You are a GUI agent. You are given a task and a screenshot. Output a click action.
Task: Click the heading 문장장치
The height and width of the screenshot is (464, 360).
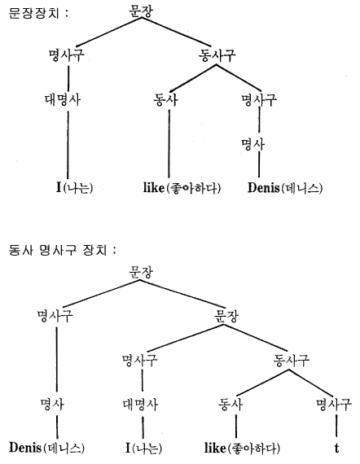pos(34,13)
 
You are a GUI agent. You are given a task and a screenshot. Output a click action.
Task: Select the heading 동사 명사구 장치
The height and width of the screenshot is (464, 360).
pos(58,251)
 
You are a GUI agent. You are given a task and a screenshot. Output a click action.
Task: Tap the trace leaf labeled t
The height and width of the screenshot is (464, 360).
pos(336,448)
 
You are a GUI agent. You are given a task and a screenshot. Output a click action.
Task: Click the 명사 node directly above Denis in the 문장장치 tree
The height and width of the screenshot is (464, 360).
pos(252,144)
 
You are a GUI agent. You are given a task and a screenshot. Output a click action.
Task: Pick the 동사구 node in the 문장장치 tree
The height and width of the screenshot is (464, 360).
pos(217,55)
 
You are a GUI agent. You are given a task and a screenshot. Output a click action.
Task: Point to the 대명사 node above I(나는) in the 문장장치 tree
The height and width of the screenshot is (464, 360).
pos(63,99)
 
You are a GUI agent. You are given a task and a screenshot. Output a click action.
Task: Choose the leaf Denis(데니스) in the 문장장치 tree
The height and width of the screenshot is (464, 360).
pos(285,187)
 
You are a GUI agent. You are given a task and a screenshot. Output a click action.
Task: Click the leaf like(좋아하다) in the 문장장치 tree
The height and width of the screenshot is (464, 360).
pos(182,187)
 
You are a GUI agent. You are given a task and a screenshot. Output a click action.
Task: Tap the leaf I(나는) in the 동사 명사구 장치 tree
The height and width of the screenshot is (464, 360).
pos(143,448)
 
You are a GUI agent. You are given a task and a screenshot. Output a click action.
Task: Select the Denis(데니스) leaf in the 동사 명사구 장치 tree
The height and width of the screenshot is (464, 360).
pos(46,448)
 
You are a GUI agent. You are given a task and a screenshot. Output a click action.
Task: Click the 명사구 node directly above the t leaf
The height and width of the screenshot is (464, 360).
pos(334,405)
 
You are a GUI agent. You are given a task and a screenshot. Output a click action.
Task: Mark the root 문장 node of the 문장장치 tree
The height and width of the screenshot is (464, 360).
pos(141,11)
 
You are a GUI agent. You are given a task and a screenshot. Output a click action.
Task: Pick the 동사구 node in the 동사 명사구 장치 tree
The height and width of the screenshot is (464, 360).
pos(291,360)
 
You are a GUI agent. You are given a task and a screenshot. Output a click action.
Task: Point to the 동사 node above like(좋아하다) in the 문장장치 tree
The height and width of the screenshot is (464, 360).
pos(165,99)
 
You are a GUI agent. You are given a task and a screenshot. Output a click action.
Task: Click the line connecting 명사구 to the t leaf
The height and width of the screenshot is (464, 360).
pos(336,426)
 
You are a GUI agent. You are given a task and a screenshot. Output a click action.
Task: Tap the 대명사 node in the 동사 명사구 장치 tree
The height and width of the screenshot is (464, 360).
pos(140,405)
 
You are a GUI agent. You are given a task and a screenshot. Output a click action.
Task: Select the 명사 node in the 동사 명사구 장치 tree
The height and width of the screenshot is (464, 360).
pos(52,405)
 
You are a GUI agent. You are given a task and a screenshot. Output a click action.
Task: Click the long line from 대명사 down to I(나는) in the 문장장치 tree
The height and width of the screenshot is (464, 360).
pos(68,145)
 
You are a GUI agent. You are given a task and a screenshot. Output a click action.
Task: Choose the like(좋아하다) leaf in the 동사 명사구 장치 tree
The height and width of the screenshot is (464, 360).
pos(242,448)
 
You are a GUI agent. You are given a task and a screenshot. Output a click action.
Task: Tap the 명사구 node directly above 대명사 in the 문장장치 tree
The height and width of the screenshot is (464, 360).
pos(66,55)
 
